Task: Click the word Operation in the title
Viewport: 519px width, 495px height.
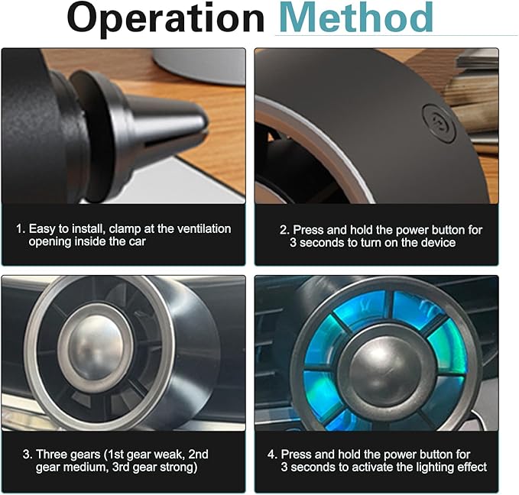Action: point(166,18)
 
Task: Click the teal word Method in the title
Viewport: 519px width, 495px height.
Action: point(356,17)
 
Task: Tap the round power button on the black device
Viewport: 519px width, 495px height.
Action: point(440,123)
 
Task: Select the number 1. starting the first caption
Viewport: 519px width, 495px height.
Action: point(21,228)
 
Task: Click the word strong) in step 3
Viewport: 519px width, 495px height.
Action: point(179,467)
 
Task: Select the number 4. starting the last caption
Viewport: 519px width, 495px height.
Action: point(273,455)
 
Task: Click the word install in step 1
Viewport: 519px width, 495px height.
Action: point(87,228)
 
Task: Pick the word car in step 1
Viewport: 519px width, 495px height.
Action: point(138,242)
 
